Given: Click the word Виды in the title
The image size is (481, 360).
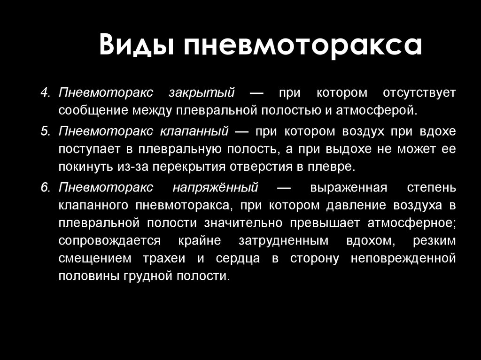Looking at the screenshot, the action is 138,45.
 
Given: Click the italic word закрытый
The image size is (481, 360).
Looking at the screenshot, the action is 202,93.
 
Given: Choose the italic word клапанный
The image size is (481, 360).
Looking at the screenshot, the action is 194,131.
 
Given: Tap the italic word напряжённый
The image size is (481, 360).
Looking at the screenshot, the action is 215,188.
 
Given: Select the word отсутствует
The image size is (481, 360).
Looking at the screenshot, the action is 419,93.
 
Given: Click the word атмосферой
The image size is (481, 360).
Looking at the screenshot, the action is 377,110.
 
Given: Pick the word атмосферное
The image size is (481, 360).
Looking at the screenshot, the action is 411,223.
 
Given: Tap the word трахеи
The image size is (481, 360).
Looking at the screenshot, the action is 164,259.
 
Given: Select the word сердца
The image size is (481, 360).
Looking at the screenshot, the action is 238,259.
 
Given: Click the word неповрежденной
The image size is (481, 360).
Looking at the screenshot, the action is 403,259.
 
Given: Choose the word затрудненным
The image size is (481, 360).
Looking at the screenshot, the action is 283,241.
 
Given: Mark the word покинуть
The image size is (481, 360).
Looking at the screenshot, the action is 86,167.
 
